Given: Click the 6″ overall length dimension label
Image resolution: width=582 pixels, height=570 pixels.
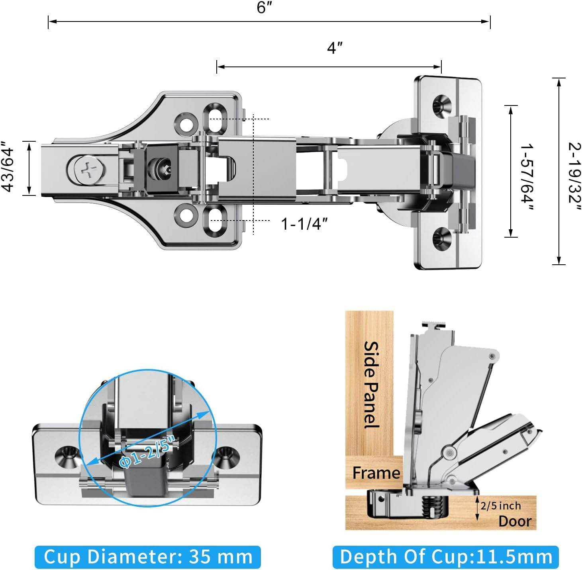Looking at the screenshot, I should click(x=264, y=8).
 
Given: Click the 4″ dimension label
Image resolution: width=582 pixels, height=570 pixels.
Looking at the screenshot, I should click(x=335, y=48).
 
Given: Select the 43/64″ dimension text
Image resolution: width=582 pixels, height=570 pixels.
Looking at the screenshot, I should click(x=9, y=166).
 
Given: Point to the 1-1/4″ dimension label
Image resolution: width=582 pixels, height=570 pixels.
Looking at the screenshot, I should click(x=304, y=224).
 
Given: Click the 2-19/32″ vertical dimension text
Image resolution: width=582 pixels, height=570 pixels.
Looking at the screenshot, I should click(x=574, y=173).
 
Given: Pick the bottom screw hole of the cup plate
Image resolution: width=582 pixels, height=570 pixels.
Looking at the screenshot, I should click(x=442, y=239).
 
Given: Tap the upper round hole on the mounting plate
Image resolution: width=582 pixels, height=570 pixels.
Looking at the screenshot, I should click(x=186, y=124).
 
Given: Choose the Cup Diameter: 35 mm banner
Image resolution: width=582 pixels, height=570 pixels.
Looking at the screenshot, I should click(x=148, y=556).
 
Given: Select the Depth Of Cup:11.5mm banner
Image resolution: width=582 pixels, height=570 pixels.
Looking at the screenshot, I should click(x=446, y=556).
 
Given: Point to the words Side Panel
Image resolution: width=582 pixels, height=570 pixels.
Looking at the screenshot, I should click(x=371, y=385).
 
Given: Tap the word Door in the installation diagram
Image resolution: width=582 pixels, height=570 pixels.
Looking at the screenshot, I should click(x=515, y=521).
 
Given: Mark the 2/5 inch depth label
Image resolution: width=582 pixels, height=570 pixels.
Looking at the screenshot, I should click(x=500, y=506).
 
